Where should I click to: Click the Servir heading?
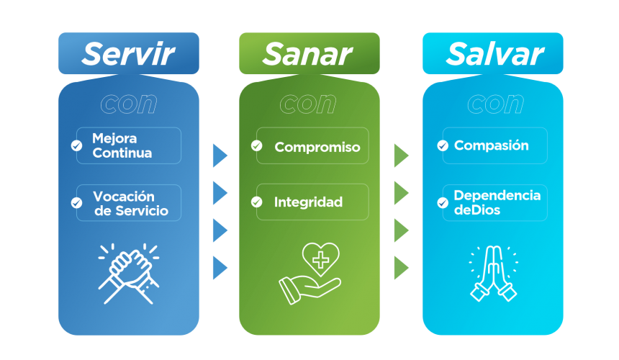coord(128,54)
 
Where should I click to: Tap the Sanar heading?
coord(307,54)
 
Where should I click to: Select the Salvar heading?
coord(495,54)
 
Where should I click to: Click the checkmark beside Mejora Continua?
coord(76,145)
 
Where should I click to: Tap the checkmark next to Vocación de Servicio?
coord(76,203)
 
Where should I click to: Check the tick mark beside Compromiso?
coord(257,145)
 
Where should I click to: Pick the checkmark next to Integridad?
coord(257,202)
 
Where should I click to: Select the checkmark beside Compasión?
coord(443,145)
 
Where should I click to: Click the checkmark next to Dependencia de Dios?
coord(443,203)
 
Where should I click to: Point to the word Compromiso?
coord(317,147)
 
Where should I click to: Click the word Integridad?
coord(308,202)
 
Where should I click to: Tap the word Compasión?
coord(491,145)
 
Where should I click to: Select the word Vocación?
coord(124,196)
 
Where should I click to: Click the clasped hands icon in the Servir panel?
coord(129,274)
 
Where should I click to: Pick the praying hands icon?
coord(494,274)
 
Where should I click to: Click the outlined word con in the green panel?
coord(308,104)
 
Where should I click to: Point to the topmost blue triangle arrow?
coord(220,156)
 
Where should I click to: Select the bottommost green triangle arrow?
coord(401,268)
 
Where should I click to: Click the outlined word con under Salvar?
coord(495,104)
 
